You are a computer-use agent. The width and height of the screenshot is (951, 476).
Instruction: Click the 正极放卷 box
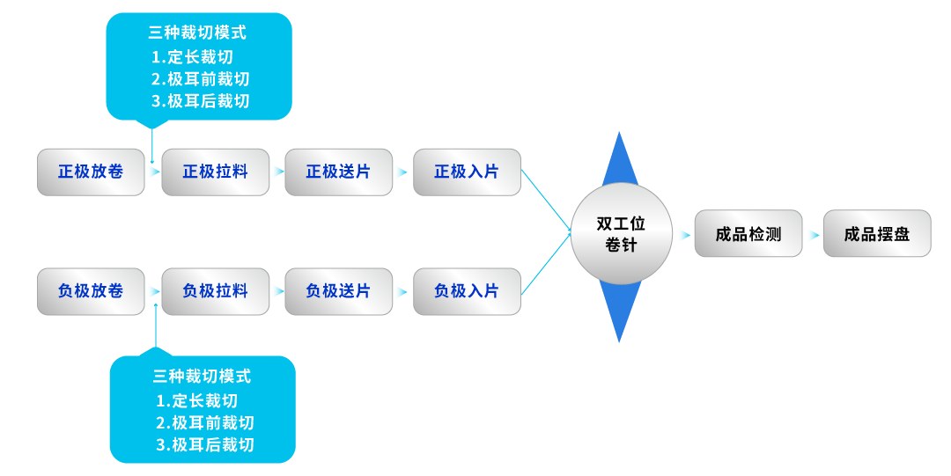(91, 172)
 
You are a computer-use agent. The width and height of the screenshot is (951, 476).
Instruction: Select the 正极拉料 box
(215, 172)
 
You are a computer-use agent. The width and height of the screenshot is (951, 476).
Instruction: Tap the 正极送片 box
(338, 172)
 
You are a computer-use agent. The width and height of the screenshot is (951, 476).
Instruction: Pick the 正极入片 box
(467, 172)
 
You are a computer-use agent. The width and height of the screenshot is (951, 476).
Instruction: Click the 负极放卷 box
(91, 291)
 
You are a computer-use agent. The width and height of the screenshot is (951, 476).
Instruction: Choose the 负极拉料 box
(215, 291)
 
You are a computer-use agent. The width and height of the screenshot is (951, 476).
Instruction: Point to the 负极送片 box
(338, 291)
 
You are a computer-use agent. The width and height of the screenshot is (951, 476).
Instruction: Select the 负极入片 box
(467, 291)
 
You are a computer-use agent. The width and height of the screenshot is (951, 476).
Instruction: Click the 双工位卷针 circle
(621, 234)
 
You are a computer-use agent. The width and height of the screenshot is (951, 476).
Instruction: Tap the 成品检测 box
(748, 234)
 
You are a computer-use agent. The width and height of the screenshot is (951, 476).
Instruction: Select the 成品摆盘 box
(877, 234)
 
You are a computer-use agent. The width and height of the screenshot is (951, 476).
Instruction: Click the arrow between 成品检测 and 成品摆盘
(813, 235)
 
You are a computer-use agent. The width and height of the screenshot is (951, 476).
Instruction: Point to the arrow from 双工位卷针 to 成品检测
(683, 235)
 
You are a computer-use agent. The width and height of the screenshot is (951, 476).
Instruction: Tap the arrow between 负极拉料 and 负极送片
(277, 291)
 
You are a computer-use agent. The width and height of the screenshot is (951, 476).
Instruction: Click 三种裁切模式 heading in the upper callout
(197, 33)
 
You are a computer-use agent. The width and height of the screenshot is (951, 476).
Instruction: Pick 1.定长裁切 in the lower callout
(196, 400)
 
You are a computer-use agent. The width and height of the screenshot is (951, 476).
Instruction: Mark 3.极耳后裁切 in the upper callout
(200, 101)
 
